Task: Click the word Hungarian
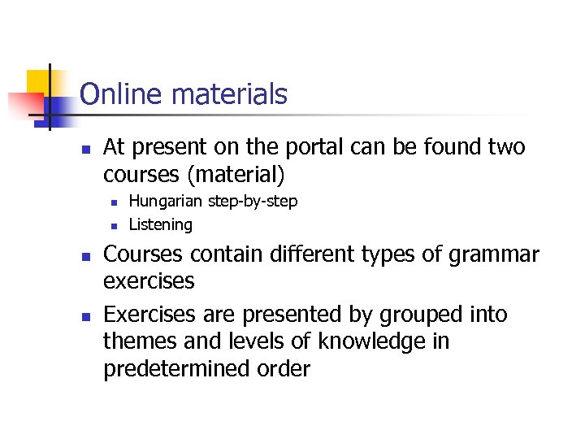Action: pos(167,201)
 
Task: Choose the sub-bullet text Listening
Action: pos(161,224)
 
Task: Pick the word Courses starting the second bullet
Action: pos(146,254)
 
